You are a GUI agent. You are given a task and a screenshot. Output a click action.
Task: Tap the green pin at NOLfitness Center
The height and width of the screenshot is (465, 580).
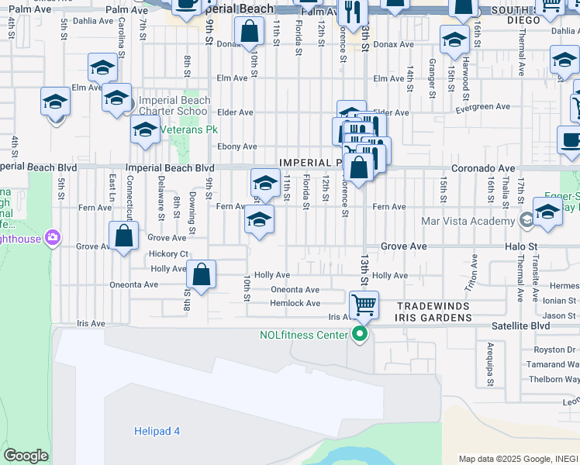(x=359, y=335)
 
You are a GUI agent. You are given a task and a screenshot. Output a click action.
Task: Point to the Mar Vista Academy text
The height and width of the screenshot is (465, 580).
(x=468, y=221)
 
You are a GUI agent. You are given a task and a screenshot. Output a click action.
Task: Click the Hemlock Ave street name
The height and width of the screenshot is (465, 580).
(x=295, y=303)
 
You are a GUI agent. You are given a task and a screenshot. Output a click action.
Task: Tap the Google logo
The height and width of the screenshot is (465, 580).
(x=26, y=456)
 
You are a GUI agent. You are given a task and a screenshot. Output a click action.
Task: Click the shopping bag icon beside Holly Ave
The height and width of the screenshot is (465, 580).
(x=201, y=274)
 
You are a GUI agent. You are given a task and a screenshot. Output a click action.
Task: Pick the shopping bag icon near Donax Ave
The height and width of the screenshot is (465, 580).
(x=250, y=33)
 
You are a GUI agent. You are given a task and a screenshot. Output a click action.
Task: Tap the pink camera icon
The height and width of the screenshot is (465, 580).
(x=54, y=236)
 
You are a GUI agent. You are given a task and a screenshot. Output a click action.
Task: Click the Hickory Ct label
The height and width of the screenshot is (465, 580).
(x=170, y=253)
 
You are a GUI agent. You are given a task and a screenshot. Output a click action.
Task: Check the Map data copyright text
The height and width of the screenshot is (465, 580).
(x=518, y=459)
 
